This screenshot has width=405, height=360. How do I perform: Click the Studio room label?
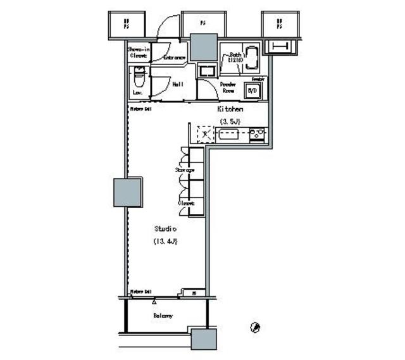(x=165, y=228)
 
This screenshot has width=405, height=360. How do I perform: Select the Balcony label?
(x=163, y=315)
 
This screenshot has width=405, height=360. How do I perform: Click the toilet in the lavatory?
(x=138, y=81)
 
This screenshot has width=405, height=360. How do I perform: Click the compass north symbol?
(x=255, y=327)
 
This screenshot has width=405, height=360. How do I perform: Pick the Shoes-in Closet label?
(x=138, y=52)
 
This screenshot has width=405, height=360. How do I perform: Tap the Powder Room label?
(x=228, y=87)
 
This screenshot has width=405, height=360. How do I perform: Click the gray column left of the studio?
(x=127, y=192)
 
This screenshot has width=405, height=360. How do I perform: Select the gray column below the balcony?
(x=204, y=339)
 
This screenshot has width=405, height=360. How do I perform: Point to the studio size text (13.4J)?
(x=165, y=241)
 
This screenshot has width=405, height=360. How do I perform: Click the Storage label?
(x=185, y=170)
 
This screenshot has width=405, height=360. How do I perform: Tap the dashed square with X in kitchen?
(x=206, y=134)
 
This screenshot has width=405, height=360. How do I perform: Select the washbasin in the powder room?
(x=207, y=71)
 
